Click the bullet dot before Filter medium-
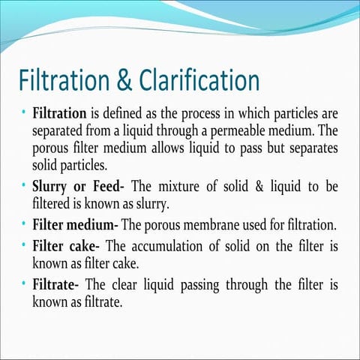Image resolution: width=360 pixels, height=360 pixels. pyautogui.click(x=24, y=223)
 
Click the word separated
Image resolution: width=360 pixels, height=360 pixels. pyautogui.click(x=62, y=132)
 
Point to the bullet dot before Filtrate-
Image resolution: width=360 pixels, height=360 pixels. pyautogui.click(x=24, y=284)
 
